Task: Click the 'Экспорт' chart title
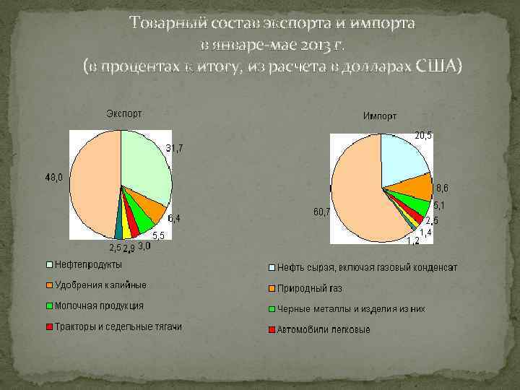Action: tap(123, 113)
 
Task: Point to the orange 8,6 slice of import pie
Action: tap(415, 189)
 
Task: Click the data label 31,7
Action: tap(175, 148)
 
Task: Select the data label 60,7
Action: tap(321, 212)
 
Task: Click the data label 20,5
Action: tap(423, 135)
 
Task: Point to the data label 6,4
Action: tap(175, 217)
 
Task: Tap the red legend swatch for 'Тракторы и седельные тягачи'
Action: tap(49, 327)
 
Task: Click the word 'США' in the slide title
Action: tap(435, 66)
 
